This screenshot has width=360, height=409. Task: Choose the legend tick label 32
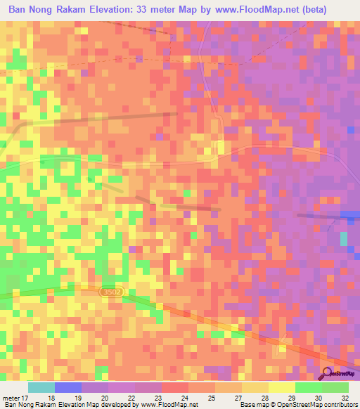(346, 397)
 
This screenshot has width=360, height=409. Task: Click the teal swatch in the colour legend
(41, 387)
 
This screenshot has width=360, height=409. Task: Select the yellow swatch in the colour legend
(281, 387)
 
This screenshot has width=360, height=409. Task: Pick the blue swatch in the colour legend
(68, 387)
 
